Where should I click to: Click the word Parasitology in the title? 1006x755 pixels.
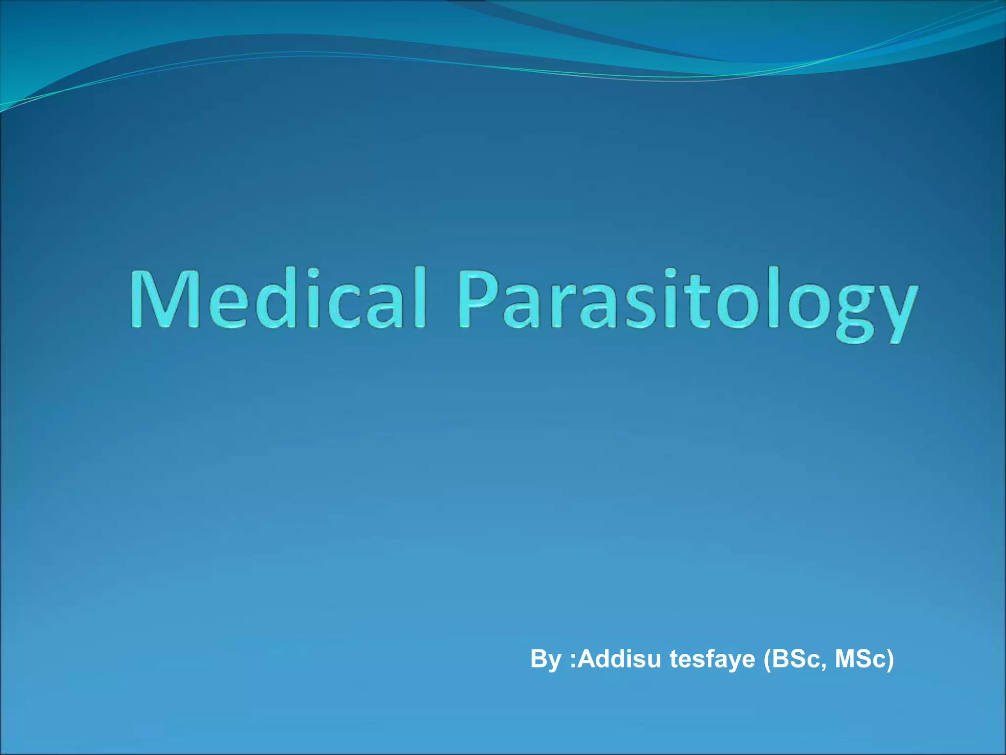coord(688,303)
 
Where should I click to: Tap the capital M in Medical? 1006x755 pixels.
coord(160,298)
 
